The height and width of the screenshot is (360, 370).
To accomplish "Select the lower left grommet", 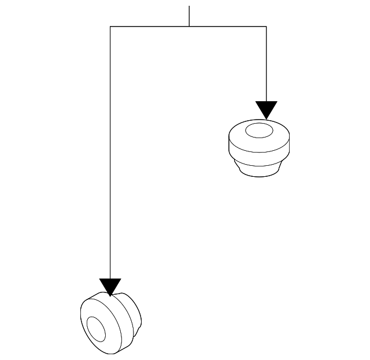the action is pyautogui.click(x=109, y=324).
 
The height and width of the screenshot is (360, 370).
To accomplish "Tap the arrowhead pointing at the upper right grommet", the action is pyautogui.click(x=267, y=109).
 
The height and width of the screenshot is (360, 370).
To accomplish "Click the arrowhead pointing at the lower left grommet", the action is pyautogui.click(x=110, y=286).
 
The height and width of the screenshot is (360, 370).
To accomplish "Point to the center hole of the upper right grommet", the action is pyautogui.click(x=258, y=131).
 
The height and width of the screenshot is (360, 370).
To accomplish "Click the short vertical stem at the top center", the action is pyautogui.click(x=189, y=16).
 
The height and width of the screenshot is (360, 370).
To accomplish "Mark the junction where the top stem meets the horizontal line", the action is pyautogui.click(x=189, y=27).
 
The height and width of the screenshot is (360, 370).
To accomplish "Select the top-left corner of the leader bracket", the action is pyautogui.click(x=110, y=27).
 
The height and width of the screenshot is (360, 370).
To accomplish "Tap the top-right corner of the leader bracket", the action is pyautogui.click(x=266, y=27).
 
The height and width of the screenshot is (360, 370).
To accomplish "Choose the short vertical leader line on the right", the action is pyautogui.click(x=266, y=64).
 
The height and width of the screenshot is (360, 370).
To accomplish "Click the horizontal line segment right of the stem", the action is pyautogui.click(x=228, y=27).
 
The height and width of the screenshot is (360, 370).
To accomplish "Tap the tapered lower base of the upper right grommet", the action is pyautogui.click(x=258, y=169).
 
